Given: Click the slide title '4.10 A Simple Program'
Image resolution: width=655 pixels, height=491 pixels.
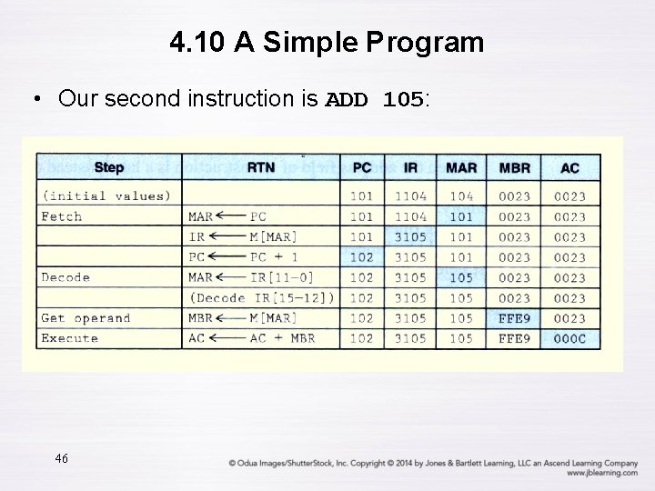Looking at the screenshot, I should tap(327, 42).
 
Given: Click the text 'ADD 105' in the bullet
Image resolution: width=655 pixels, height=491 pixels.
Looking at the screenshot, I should tap(374, 99).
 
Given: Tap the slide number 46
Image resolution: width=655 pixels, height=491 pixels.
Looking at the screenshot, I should tap(62, 457).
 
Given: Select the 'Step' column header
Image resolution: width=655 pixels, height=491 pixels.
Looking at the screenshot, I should tap(109, 168).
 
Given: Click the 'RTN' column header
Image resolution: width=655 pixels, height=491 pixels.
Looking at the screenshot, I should tap(260, 168).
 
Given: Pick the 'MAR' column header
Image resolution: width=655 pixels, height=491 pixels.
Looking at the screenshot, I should tap(461, 168).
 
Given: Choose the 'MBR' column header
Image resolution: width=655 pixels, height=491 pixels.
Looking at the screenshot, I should tap(515, 168).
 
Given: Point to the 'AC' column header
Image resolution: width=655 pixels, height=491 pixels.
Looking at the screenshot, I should tap(569, 168).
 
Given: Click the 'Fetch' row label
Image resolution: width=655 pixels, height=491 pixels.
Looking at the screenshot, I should tap(61, 216).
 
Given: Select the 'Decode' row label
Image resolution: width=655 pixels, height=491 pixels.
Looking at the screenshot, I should tap(65, 277).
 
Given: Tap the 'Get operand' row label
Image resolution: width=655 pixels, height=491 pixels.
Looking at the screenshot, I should tap(86, 318).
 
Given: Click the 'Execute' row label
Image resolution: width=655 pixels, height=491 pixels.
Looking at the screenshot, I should tap(69, 338).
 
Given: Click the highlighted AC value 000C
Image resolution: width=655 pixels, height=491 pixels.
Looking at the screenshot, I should tap(569, 338).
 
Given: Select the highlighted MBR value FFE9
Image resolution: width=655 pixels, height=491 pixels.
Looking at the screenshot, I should tap(515, 318).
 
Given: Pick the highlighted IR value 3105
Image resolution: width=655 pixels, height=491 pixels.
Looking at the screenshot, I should tap(410, 237).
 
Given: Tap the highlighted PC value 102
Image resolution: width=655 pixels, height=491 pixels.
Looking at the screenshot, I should tap(361, 257).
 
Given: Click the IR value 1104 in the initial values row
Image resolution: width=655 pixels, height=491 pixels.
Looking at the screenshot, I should tap(410, 195).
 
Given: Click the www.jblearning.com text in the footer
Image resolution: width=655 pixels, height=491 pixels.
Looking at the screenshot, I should tap(601, 474).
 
